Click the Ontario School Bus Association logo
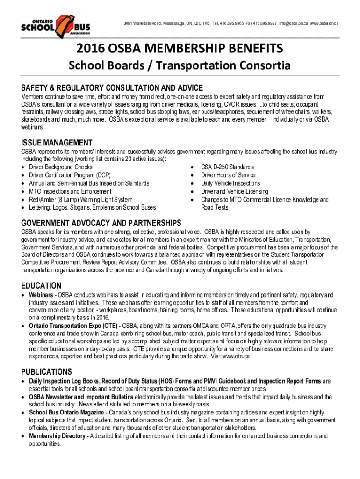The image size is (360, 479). [56, 27]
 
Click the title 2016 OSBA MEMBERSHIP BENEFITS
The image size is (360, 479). [180, 49]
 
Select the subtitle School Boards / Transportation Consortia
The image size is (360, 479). [180, 66]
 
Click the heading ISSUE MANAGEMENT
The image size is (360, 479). [57, 143]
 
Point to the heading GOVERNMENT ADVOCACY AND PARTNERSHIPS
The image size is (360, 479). [101, 222]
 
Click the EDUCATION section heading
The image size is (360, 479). [41, 285]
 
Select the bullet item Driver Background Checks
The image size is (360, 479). [61, 167]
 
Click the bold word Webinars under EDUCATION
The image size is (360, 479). [41, 295]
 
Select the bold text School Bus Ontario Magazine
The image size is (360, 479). [66, 413]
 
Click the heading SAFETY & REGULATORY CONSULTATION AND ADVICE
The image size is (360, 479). [112, 88]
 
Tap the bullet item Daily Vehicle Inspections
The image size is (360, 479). [230, 183]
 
